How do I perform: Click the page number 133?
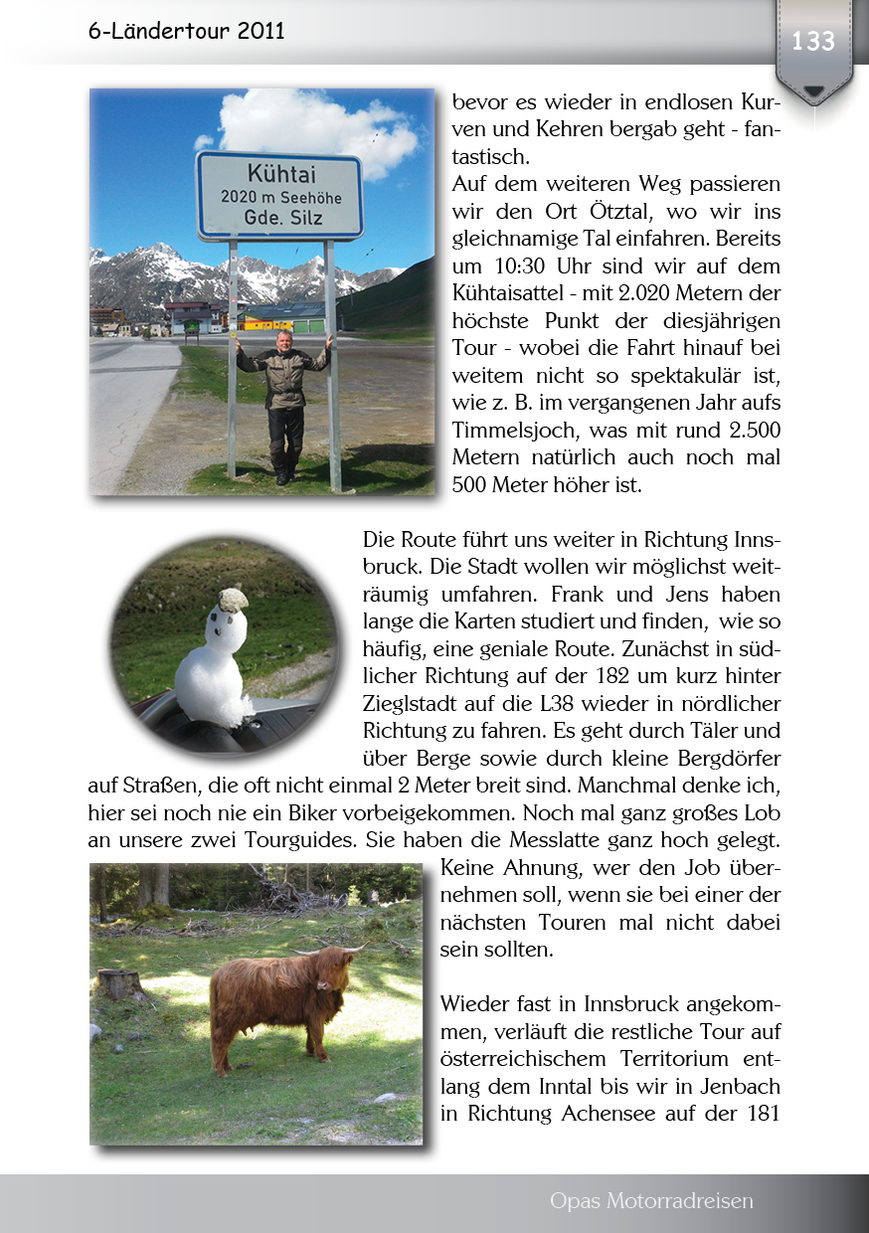click(813, 42)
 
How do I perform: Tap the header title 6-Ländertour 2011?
click(186, 31)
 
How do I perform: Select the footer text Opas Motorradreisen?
click(651, 1201)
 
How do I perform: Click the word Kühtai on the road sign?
click(278, 172)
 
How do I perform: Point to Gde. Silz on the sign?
click(278, 218)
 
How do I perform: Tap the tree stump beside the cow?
click(121, 983)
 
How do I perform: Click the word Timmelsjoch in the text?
click(514, 432)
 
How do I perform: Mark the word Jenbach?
click(735, 1085)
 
